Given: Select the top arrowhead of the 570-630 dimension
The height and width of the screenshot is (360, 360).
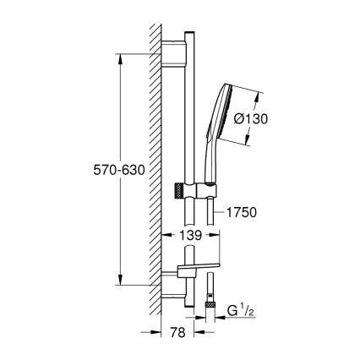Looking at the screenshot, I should [x=122, y=59].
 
